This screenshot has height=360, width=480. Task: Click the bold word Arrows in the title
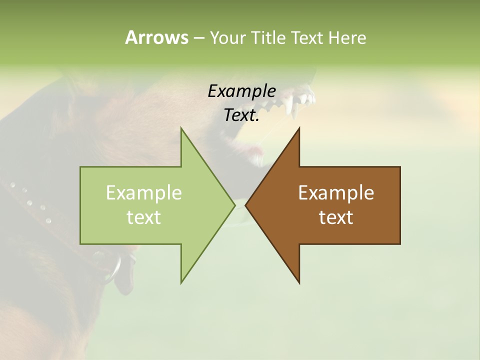(156, 37)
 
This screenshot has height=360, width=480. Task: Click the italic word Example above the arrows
(241, 91)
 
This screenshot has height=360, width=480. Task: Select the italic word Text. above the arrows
(241, 115)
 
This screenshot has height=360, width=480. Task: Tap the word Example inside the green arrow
(143, 192)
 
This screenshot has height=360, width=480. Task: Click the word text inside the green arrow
(143, 217)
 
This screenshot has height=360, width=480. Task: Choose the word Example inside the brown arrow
(336, 192)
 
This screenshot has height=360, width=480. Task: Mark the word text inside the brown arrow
(336, 217)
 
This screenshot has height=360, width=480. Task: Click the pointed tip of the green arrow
(234, 205)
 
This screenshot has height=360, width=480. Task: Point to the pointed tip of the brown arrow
(246, 205)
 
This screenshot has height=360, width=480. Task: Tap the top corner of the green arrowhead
(181, 129)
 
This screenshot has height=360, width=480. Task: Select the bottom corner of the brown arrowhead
(299, 282)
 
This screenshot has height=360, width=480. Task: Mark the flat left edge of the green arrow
(80, 205)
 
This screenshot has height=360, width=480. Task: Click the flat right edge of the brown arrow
(400, 205)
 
